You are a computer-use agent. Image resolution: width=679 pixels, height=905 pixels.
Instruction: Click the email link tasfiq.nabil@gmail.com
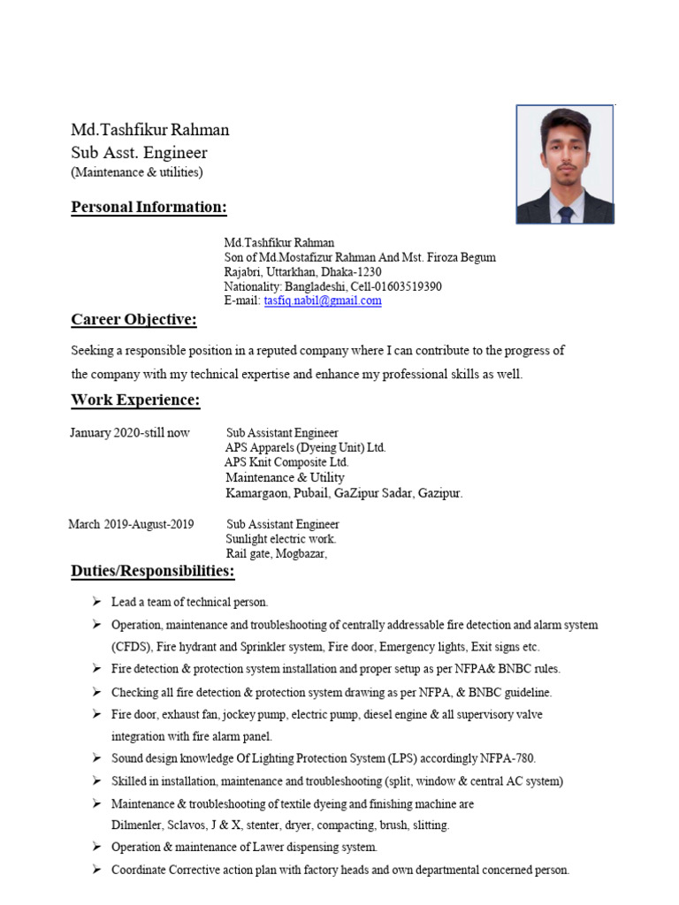coord(323,300)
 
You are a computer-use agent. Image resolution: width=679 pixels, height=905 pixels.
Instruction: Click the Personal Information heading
coord(149,208)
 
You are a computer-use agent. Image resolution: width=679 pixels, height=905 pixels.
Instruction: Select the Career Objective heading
coord(134,319)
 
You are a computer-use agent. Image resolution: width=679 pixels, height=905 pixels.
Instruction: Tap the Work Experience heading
coord(135,400)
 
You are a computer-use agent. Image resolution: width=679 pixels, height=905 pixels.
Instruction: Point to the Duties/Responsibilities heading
coord(153,572)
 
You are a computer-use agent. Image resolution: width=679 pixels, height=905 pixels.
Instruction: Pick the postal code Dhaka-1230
coord(352,272)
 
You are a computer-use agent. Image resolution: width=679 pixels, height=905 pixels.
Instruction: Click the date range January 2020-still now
coord(129,433)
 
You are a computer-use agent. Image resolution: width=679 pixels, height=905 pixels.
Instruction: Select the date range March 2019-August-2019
coord(131,524)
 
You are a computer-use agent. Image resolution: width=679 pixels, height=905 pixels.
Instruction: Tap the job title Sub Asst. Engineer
coord(139,153)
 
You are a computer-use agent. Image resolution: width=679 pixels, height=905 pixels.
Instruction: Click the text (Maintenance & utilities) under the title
coord(137,171)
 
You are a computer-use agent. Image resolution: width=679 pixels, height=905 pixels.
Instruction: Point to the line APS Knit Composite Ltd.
coord(286,462)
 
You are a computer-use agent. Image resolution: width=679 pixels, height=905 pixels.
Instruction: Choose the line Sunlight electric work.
coord(281,538)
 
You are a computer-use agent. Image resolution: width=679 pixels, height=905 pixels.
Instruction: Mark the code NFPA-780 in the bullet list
coord(507,758)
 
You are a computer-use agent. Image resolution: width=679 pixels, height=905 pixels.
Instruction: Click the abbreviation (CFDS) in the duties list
coord(131,647)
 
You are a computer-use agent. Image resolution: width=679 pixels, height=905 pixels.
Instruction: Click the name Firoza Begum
coord(462,257)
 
